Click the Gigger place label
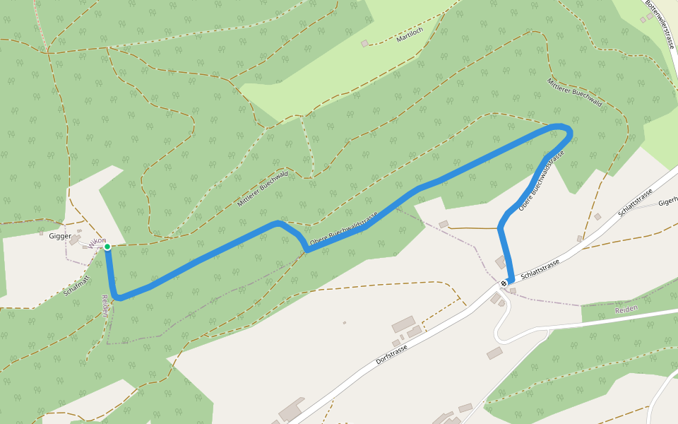click(x=59, y=235)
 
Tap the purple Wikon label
click(x=97, y=241)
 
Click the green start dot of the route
click(x=107, y=247)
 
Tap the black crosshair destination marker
click(x=504, y=283)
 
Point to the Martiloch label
click(x=410, y=33)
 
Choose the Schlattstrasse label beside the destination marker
click(x=540, y=269)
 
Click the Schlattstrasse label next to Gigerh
click(x=635, y=204)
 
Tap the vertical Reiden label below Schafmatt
click(x=105, y=305)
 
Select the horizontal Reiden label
click(x=626, y=309)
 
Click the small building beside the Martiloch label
click(x=364, y=44)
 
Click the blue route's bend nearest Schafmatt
click(x=119, y=298)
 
